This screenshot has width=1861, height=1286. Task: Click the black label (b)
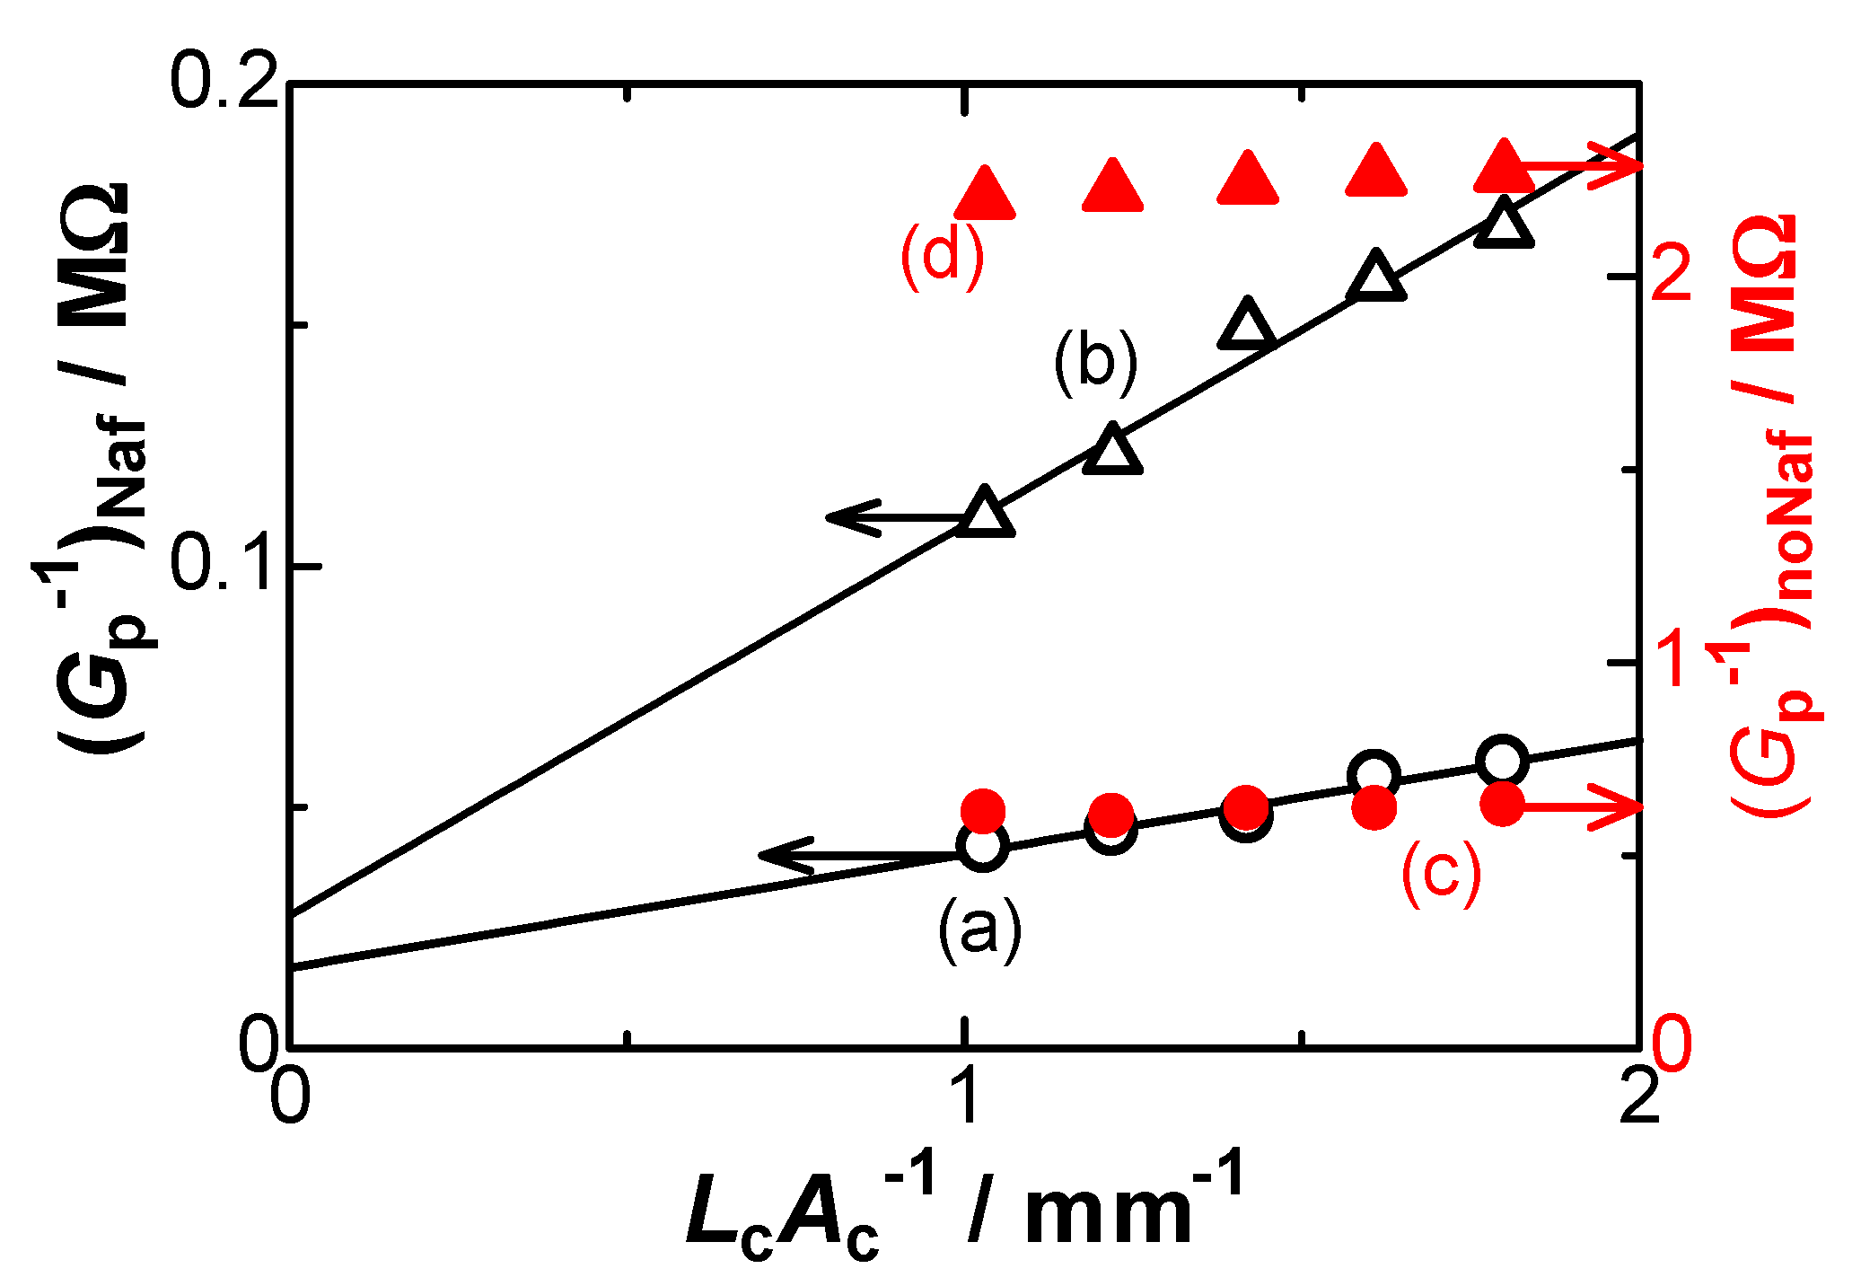point(1095,362)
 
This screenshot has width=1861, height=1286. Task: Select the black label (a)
point(979,930)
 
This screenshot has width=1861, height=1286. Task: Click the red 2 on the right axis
point(1672,274)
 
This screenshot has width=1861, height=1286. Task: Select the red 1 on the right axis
point(1672,660)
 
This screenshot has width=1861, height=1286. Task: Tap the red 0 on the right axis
point(1672,1044)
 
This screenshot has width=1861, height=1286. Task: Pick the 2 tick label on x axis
point(1639,1097)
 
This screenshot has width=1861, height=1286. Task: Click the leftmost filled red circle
point(983,812)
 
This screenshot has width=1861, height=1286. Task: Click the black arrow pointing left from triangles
point(889,516)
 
